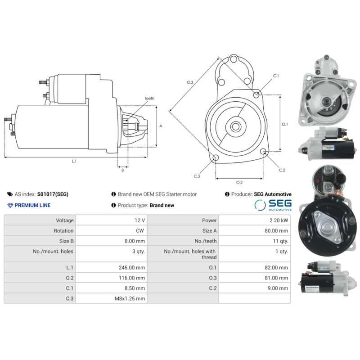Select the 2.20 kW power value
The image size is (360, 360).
pyautogui.click(x=279, y=220)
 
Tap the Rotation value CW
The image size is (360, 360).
pyautogui.click(x=140, y=231)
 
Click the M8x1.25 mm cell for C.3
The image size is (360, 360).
pyautogui.click(x=133, y=298)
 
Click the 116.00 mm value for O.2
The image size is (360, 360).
pyautogui.click(x=134, y=278)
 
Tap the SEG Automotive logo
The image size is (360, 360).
pyautogui.click(x=273, y=206)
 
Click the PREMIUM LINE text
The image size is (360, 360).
pyautogui.click(x=32, y=205)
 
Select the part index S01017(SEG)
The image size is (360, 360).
pyautogui.click(x=53, y=194)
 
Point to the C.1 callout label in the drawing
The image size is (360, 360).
pyautogui.click(x=276, y=76)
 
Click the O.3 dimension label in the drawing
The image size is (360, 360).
pyautogui.click(x=190, y=82)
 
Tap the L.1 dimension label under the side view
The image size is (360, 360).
pyautogui.click(x=74, y=161)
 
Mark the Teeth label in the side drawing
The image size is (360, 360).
pyautogui.click(x=149, y=98)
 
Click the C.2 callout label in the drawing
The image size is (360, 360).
pyautogui.click(x=282, y=170)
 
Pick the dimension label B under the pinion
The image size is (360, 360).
pyautogui.click(x=122, y=170)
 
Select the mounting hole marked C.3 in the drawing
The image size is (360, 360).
pyautogui.click(x=215, y=158)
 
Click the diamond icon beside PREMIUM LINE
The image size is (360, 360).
pyautogui.click(x=10, y=205)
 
